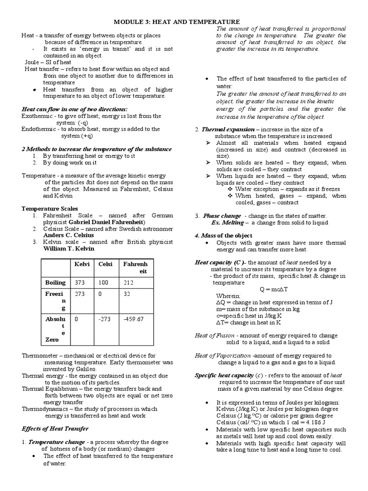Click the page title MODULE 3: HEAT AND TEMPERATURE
[176, 22]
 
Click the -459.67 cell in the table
[133, 318]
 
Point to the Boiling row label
[55, 282]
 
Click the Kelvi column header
[82, 264]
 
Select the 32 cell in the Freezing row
[126, 294]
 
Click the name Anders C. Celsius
[66, 235]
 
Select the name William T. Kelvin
[69, 248]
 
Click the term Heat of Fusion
[215, 336]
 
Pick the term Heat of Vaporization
[222, 356]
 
